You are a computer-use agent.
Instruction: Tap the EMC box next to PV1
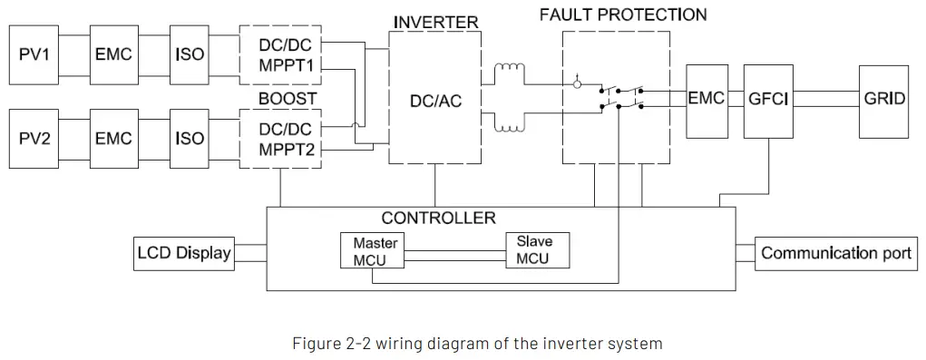click(x=113, y=54)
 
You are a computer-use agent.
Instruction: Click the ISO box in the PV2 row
click(x=189, y=139)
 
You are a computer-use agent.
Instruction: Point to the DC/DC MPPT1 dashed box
click(x=280, y=54)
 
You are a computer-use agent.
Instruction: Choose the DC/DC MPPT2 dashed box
click(x=280, y=139)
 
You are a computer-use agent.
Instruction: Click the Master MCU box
click(x=370, y=251)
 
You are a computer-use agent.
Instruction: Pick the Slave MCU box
click(x=539, y=250)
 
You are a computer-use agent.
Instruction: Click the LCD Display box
click(x=183, y=253)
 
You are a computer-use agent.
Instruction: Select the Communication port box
click(x=834, y=253)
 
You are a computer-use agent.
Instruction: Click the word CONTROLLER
click(x=438, y=219)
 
